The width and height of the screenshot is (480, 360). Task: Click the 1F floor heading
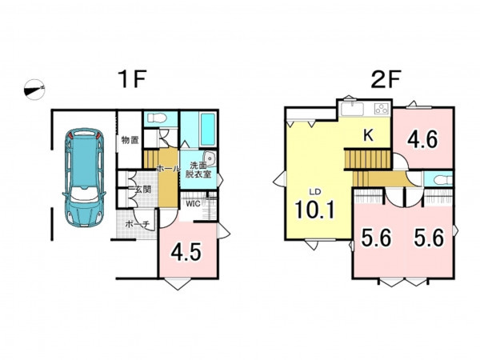(133, 79)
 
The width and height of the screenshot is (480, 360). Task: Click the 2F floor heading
(386, 79)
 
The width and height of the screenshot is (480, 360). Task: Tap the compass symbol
(34, 90)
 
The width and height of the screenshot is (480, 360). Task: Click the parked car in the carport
(84, 178)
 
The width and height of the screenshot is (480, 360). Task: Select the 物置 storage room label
(130, 140)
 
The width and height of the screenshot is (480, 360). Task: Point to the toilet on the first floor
(155, 118)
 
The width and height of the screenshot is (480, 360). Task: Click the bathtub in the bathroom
(208, 130)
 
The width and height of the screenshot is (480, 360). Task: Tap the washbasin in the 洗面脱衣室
(210, 159)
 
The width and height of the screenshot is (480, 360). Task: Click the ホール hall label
(168, 168)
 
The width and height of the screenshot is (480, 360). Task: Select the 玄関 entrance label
(142, 190)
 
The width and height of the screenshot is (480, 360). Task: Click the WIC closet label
(193, 204)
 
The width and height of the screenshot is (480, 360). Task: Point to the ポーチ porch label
(137, 224)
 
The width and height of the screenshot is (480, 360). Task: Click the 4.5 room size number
(186, 253)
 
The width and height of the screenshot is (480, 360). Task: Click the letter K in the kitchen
(368, 135)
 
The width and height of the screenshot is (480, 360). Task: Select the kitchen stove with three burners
(382, 109)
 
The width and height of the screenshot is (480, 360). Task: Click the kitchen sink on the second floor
(353, 110)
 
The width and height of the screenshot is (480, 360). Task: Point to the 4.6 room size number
(422, 139)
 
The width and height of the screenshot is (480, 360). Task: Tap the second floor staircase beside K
(368, 158)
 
